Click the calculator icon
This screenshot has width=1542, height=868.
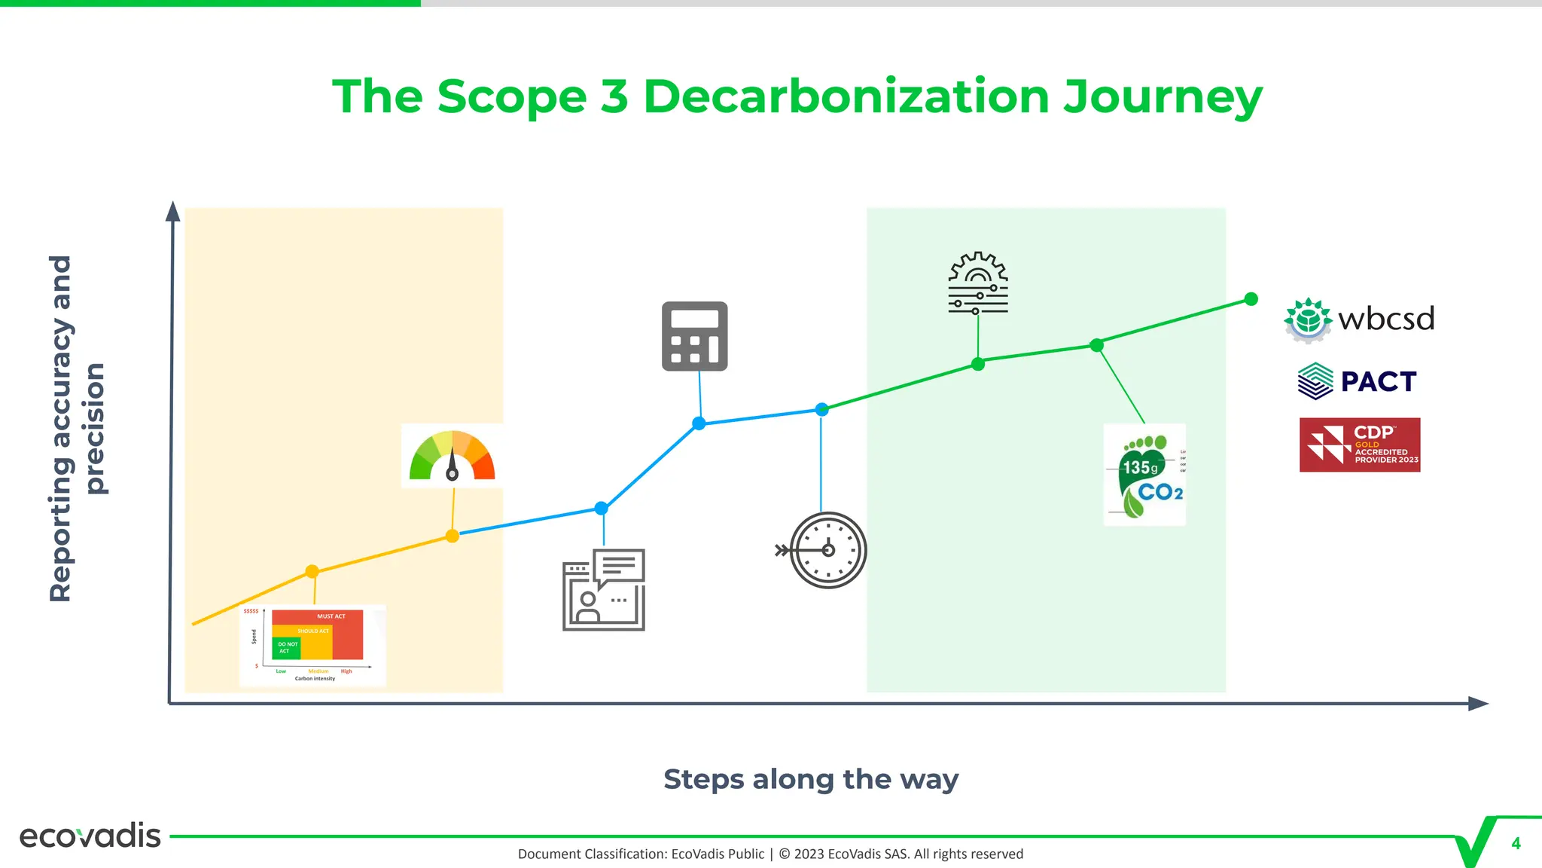pyautogui.click(x=694, y=336)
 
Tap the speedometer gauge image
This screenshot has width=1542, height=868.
pyautogui.click(x=452, y=457)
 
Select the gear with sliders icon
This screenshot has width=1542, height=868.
pyautogui.click(x=977, y=283)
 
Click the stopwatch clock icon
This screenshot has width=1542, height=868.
pyautogui.click(x=827, y=550)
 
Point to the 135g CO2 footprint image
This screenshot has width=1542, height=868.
pyautogui.click(x=1144, y=475)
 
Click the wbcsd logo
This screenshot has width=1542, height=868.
pyautogui.click(x=1359, y=319)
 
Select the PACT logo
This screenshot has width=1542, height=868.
pyautogui.click(x=1358, y=381)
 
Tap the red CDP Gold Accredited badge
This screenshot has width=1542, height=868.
pyautogui.click(x=1359, y=445)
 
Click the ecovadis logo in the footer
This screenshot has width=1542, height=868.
pyautogui.click(x=90, y=836)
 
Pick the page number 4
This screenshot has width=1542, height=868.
pyautogui.click(x=1516, y=844)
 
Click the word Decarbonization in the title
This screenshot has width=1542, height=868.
pyautogui.click(x=846, y=97)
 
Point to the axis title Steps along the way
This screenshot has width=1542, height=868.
pyautogui.click(x=811, y=779)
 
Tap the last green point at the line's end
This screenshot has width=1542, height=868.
pyautogui.click(x=1251, y=299)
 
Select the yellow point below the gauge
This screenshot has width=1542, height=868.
pyautogui.click(x=452, y=536)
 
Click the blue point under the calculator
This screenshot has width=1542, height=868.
pyautogui.click(x=699, y=423)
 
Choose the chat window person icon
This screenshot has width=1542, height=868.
pyautogui.click(x=604, y=590)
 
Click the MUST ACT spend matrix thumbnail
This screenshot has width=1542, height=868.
pyautogui.click(x=312, y=645)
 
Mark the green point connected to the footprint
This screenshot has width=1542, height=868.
pyautogui.click(x=1097, y=345)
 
